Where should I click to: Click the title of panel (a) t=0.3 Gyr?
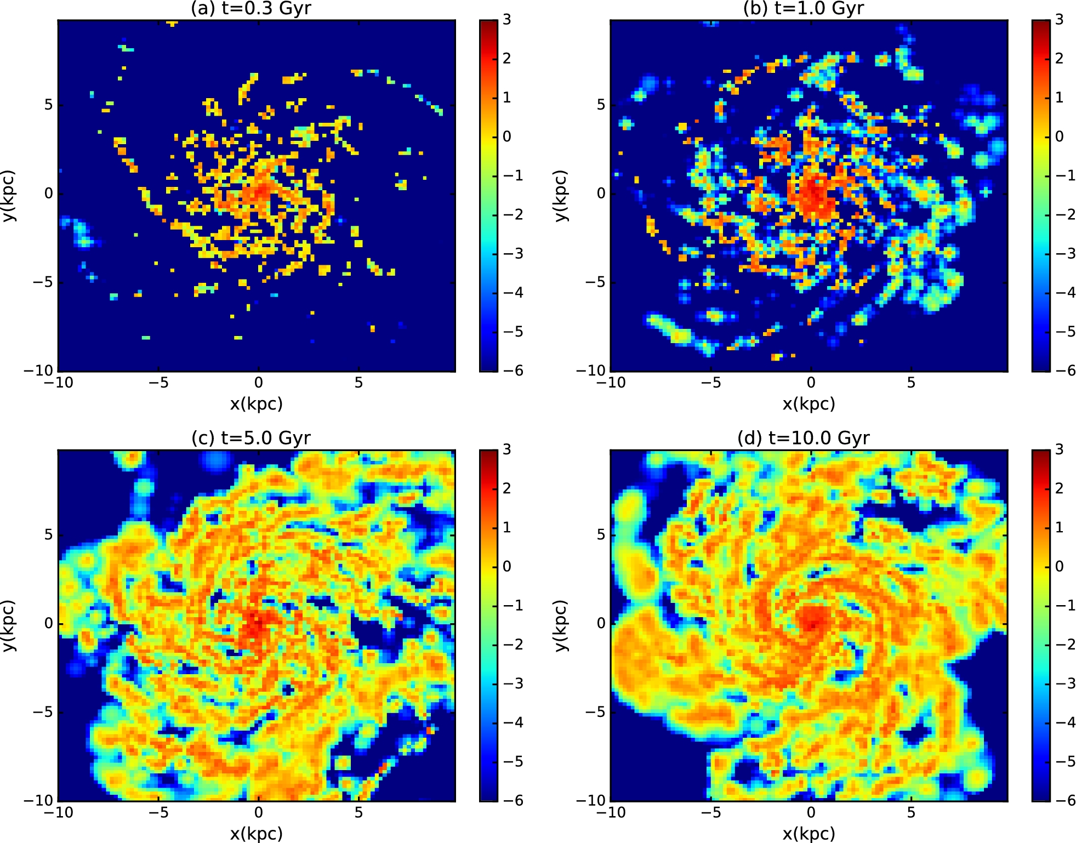(251, 8)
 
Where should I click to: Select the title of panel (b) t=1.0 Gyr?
(804, 8)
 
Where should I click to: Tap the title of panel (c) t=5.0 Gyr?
(251, 438)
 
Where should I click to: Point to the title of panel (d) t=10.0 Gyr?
(804, 438)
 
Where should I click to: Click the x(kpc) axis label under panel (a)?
(256, 404)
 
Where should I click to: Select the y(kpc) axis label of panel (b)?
(560, 196)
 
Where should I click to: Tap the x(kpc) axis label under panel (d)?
(809, 834)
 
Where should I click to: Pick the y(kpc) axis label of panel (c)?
(8, 625)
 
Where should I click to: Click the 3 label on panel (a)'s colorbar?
(506, 20)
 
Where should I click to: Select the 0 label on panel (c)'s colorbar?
(506, 566)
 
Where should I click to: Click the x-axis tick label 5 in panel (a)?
(358, 383)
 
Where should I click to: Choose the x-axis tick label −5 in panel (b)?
(711, 383)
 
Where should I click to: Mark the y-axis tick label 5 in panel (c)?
(49, 534)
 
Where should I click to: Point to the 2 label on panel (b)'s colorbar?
(1059, 58)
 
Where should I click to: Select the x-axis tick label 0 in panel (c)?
(258, 812)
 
